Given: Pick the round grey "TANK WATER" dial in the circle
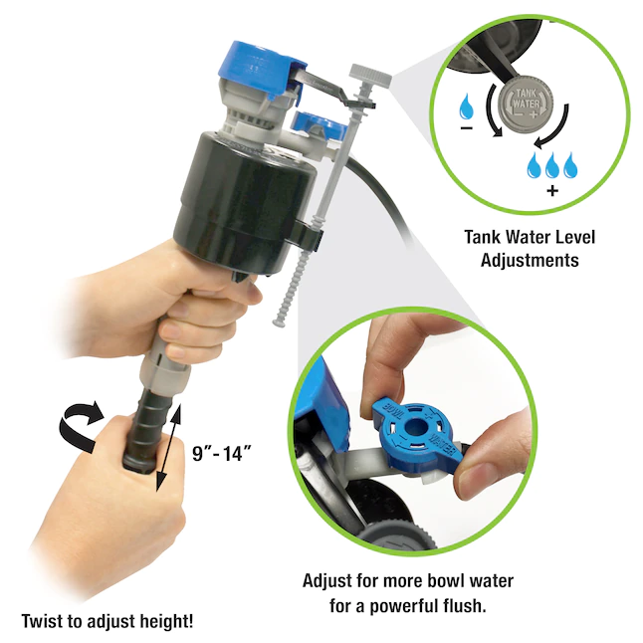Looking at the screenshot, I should point(526,102).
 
